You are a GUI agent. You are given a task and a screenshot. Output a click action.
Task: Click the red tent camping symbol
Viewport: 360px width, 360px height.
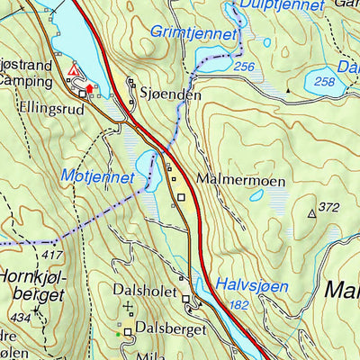point(74,70)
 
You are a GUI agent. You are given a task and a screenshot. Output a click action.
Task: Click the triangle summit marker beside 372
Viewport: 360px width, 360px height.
point(312,213)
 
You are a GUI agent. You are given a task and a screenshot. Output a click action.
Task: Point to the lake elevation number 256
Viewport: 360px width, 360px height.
point(242,67)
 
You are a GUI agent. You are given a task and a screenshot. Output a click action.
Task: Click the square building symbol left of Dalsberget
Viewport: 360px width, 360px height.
point(129,331)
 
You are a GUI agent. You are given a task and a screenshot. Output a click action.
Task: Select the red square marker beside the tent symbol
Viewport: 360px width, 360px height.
point(89,88)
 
